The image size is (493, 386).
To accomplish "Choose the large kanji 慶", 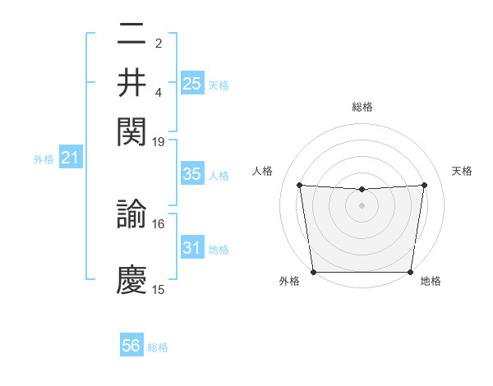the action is tap(132, 279).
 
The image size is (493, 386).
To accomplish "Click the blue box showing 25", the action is tap(191, 83).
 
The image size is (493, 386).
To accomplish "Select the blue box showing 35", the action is tap(191, 174).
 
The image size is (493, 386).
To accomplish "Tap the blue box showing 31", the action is tap(191, 248).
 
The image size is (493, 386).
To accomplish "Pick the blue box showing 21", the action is tap(70, 158).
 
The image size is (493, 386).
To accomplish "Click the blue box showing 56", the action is tap(131, 346).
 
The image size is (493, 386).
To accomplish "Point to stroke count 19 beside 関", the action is tap(159, 141).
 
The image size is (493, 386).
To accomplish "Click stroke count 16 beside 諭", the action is tap(159, 223).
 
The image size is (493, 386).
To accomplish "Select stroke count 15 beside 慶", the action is tap(159, 289).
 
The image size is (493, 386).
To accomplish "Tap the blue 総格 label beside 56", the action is tap(158, 347).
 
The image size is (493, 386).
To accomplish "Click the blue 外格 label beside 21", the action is tap(44, 159).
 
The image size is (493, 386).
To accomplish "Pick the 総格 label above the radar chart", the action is tap(362, 107).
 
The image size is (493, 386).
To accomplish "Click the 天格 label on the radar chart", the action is tap(462, 171).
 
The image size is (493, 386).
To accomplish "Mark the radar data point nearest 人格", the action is tap(300, 186).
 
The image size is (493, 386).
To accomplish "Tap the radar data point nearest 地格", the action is tap(410, 272).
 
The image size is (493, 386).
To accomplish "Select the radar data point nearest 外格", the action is tap(313, 272).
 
